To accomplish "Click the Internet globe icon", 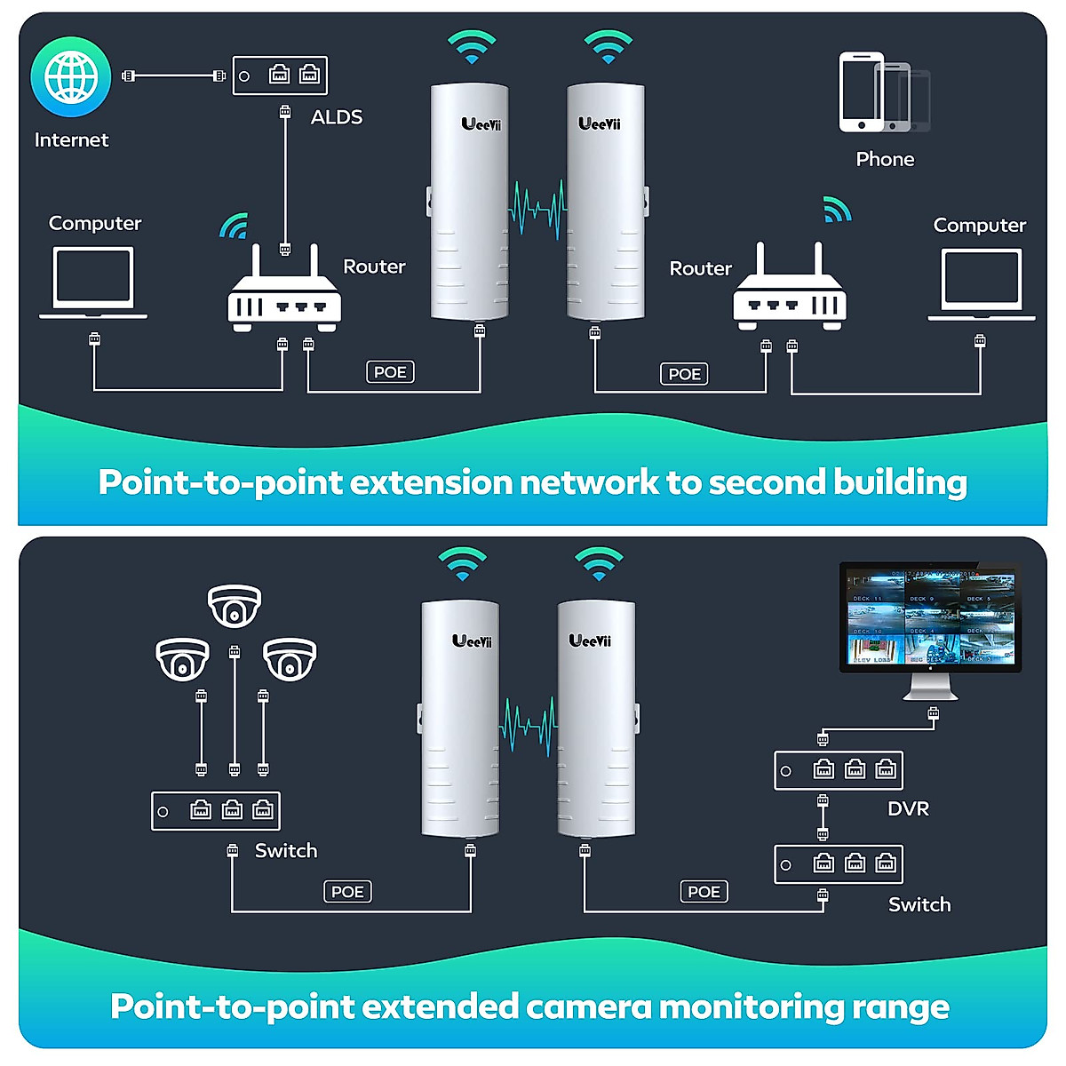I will [71, 76].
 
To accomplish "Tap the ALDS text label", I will [337, 117].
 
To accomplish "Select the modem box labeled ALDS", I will [280, 76].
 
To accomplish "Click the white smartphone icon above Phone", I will [861, 91].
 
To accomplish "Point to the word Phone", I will [885, 160].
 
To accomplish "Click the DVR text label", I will [908, 809].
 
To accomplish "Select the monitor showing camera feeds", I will [930, 619].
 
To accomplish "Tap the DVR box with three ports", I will [839, 770].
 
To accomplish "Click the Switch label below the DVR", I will [919, 905].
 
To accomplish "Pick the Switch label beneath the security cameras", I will [286, 851].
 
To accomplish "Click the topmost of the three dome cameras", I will [235, 606].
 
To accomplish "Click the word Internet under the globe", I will [71, 140].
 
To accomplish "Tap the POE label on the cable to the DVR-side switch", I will [704, 892].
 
